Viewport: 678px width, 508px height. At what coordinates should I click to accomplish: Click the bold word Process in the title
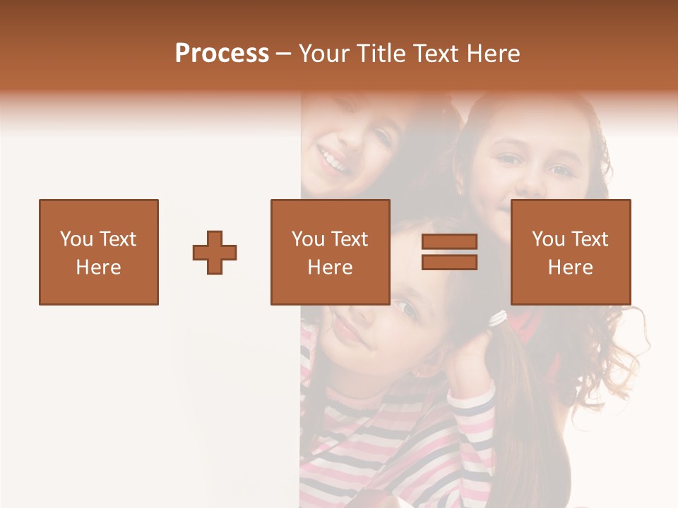tap(222, 54)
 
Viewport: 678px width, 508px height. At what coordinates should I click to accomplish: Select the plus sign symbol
tap(215, 252)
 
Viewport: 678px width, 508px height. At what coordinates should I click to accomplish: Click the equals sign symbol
tap(449, 252)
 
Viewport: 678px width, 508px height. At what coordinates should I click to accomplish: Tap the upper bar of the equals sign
tap(449, 242)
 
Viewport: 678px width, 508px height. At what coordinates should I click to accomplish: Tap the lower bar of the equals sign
tap(449, 262)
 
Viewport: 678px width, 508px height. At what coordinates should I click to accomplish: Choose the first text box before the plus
tap(99, 252)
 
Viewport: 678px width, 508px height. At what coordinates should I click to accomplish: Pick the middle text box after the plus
tap(330, 252)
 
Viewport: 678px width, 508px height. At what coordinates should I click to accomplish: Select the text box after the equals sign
tap(571, 252)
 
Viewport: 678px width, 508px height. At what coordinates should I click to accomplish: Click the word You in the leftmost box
tap(76, 239)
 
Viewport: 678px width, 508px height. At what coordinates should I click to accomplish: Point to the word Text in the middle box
tap(350, 239)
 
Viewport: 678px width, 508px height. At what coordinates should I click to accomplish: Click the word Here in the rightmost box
tap(571, 267)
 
